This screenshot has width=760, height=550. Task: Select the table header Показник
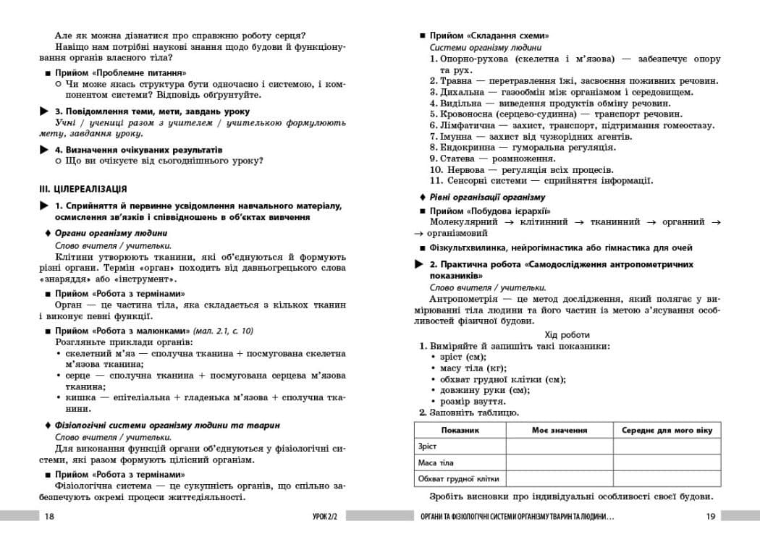[460, 430]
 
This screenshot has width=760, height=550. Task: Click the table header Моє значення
[559, 430]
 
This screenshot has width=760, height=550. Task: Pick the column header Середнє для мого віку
[667, 430]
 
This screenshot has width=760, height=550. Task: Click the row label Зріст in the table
[428, 447]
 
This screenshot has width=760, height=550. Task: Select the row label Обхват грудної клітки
[458, 478]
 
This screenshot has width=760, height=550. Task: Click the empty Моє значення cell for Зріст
[559, 447]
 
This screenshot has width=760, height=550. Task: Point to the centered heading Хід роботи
[567, 335]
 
